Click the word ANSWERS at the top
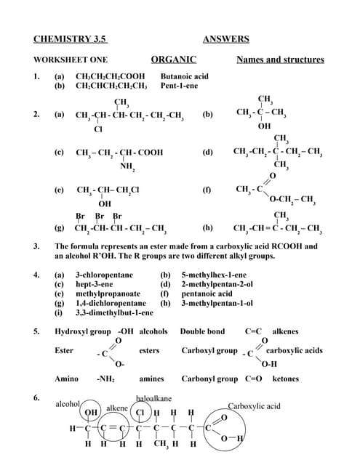(x=226, y=39)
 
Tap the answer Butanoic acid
(x=184, y=76)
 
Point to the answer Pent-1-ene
(x=180, y=85)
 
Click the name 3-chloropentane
(x=105, y=276)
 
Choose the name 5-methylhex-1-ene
(x=214, y=276)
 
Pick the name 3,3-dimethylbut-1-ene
(x=115, y=312)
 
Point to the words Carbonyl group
(x=209, y=379)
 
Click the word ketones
(x=286, y=379)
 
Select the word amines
(x=151, y=379)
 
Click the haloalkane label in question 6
(x=154, y=399)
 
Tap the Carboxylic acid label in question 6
(x=255, y=406)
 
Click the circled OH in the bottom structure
(x=92, y=413)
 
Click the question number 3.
(x=36, y=246)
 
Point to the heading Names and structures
(x=280, y=60)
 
